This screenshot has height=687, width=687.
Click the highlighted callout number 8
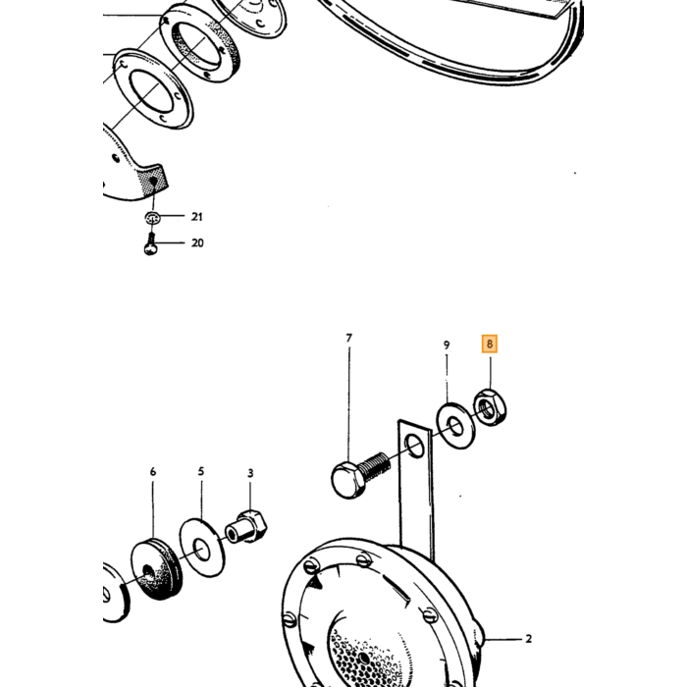[x=490, y=343]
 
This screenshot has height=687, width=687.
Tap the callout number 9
[x=447, y=345]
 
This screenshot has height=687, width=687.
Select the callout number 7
[x=348, y=339]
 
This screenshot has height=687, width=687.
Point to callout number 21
[x=197, y=217]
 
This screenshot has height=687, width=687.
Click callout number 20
[x=197, y=242]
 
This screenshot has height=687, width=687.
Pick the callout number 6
[x=152, y=472]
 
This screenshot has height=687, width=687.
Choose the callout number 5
[x=200, y=471]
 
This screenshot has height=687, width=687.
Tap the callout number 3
[x=250, y=473]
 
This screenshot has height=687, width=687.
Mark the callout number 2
[x=528, y=639]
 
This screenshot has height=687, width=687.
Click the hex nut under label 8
[x=491, y=407]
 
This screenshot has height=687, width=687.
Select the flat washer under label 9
[x=455, y=426]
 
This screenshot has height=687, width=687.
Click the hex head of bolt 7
[x=348, y=481]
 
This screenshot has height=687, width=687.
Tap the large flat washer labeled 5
[x=202, y=548]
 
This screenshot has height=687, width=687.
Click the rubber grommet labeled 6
[x=156, y=570]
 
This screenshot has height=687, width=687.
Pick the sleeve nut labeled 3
[x=246, y=526]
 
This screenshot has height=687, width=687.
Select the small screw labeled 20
[x=150, y=245]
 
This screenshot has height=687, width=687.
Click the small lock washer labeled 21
[x=152, y=217]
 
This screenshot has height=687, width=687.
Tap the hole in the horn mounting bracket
[x=414, y=447]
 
